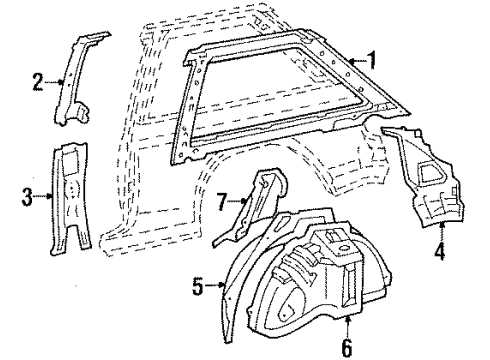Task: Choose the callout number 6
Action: pyautogui.click(x=347, y=347)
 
